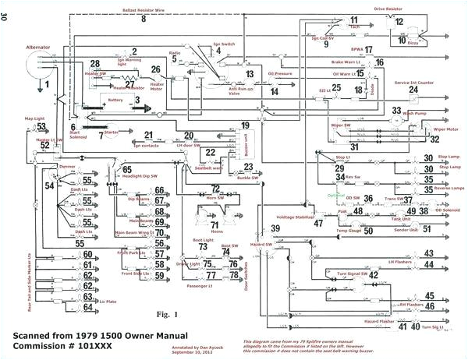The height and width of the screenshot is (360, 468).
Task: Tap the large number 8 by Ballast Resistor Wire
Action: click(x=143, y=18)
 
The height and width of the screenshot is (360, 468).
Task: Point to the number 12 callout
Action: click(x=399, y=22)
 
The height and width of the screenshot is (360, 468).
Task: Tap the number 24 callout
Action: click(x=413, y=90)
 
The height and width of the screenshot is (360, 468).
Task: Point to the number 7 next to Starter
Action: click(x=99, y=135)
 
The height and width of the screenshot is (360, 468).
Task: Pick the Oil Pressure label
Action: click(x=280, y=76)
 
